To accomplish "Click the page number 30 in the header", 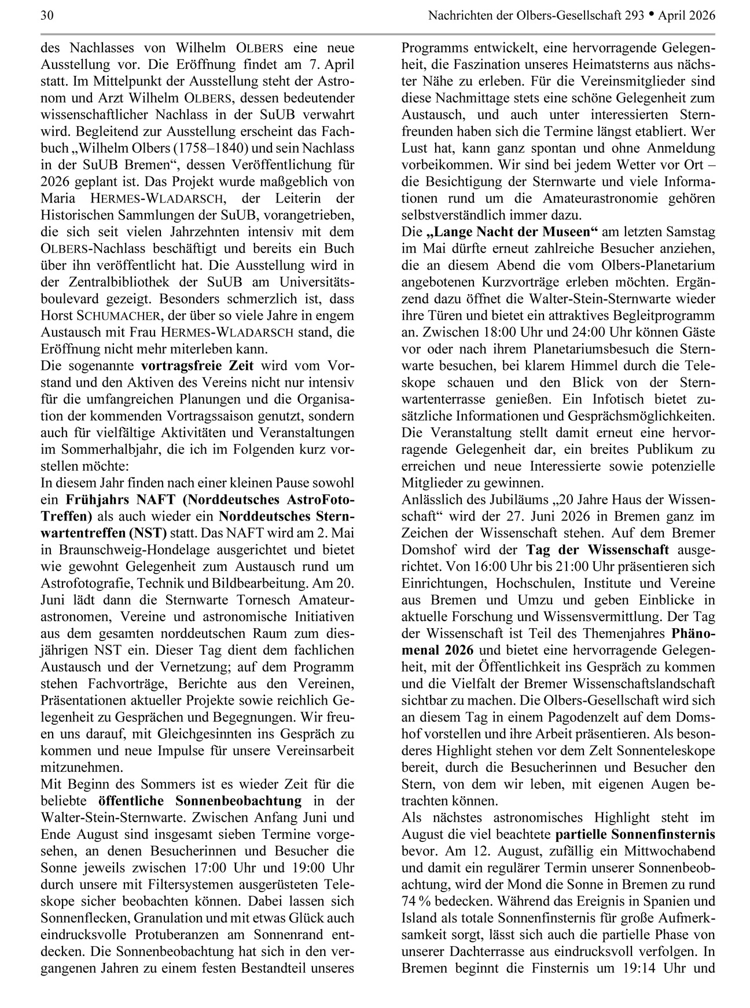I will coord(47,16).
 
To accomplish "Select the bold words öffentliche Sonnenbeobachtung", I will coord(200,801).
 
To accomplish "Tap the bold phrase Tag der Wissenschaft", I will coord(597,550).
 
